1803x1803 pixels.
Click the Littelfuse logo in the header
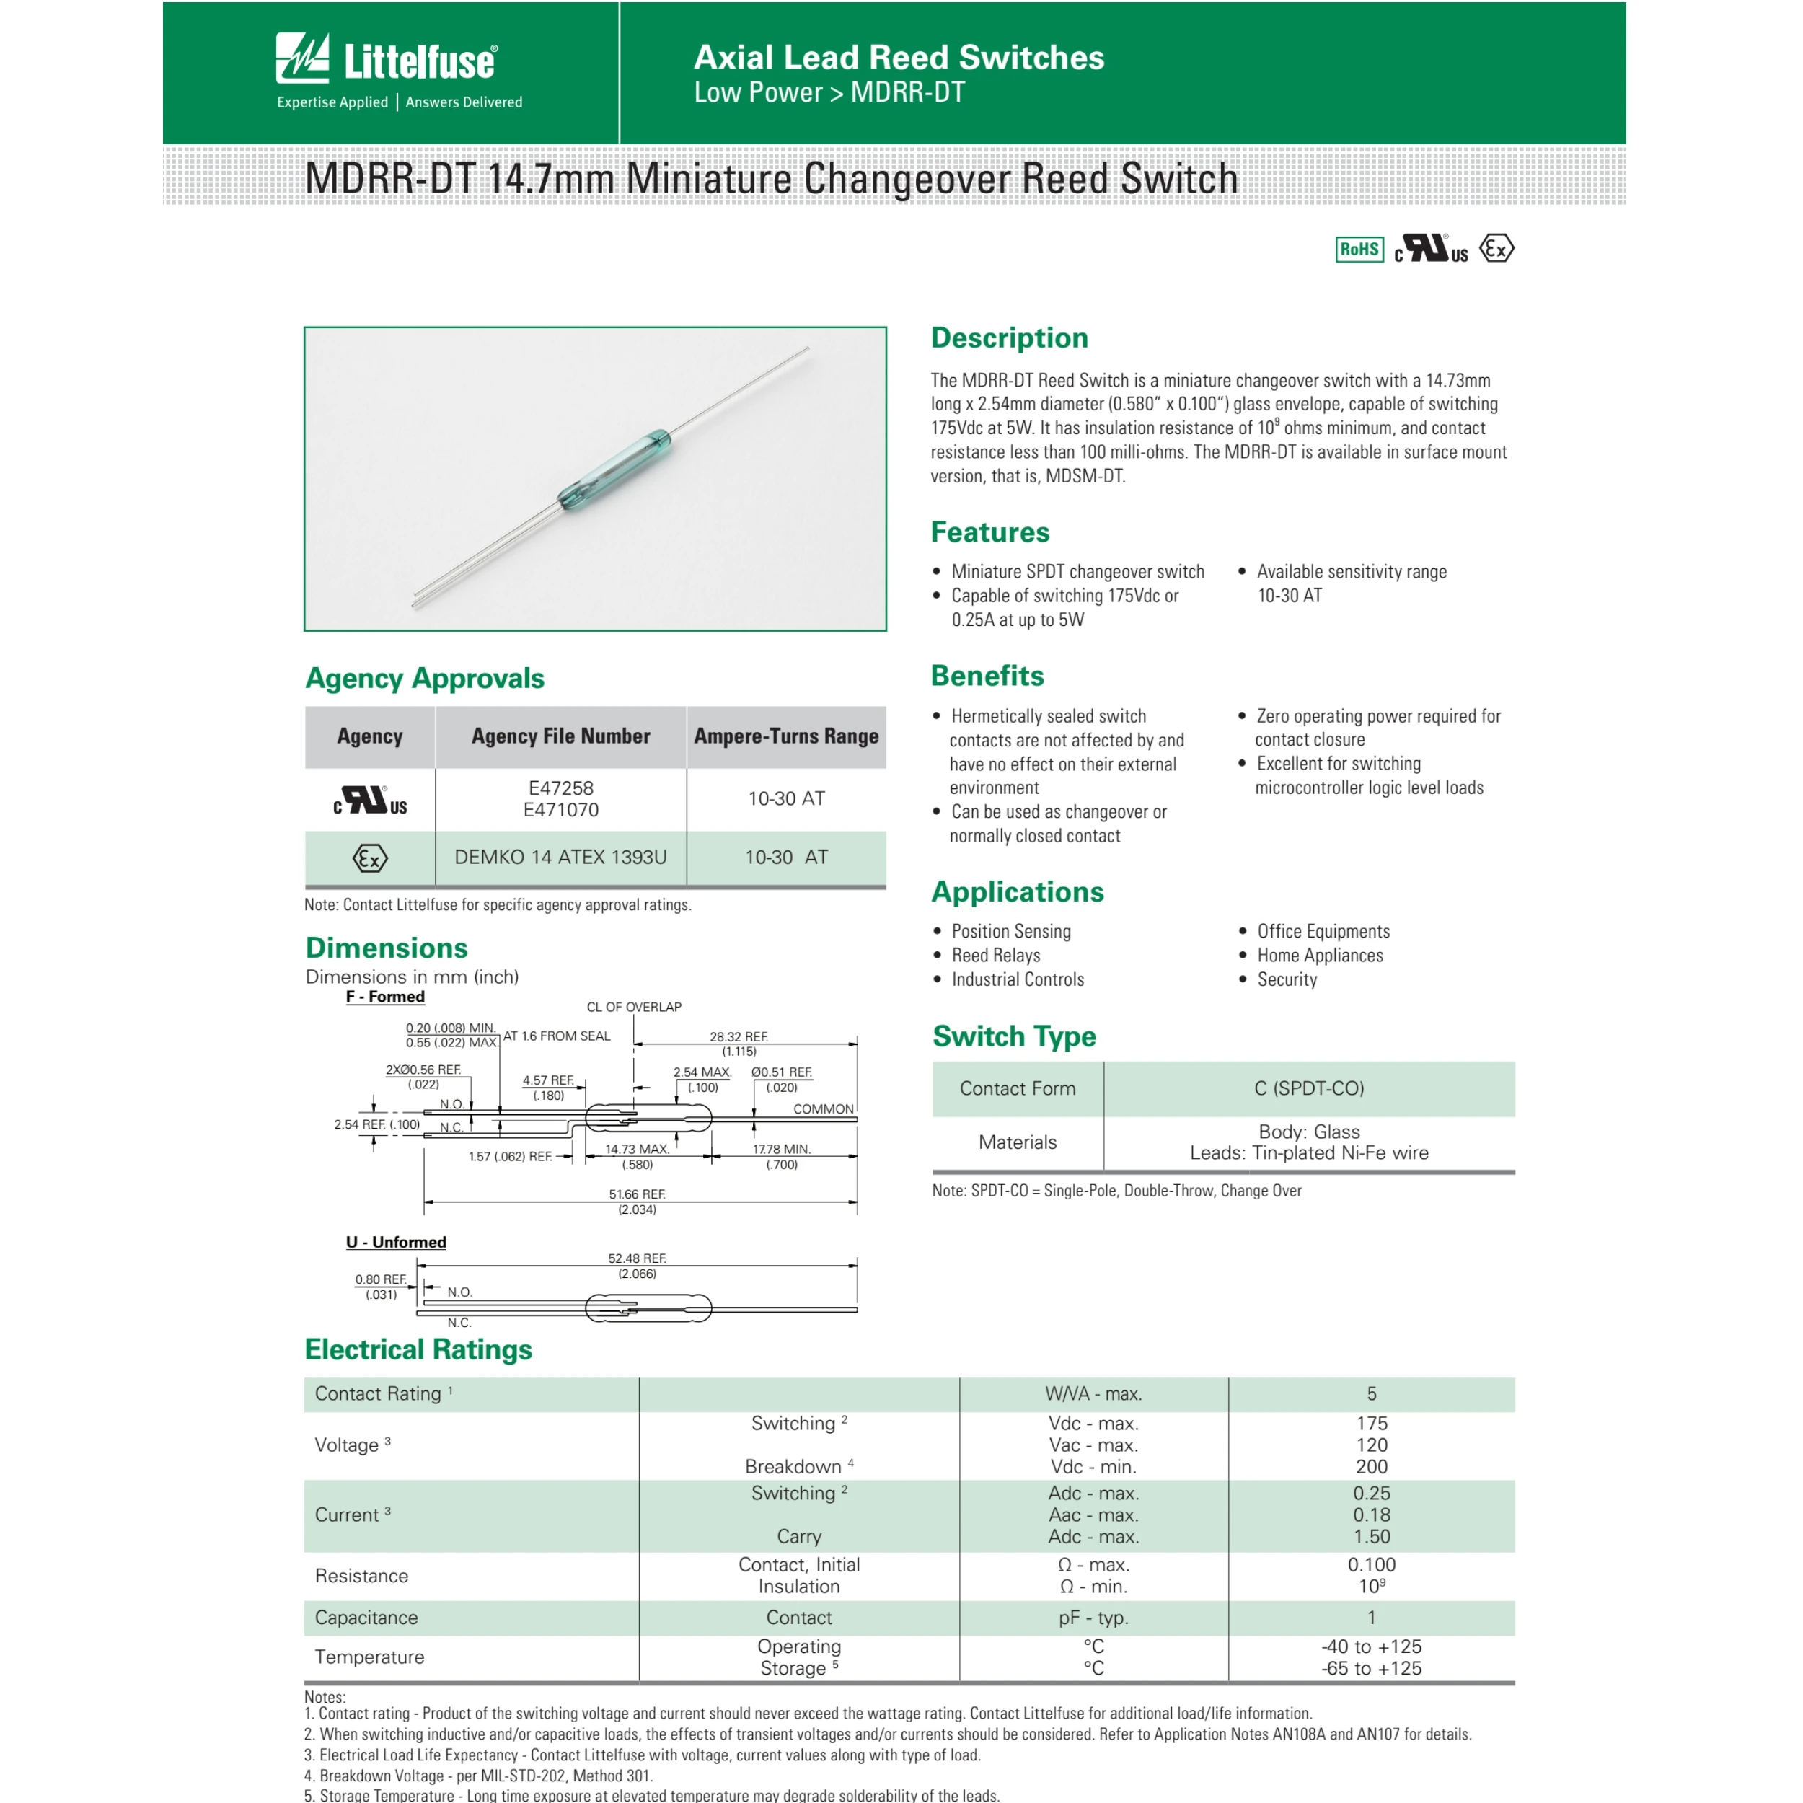[387, 61]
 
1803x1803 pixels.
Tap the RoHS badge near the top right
[1359, 249]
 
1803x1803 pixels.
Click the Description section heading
[1009, 338]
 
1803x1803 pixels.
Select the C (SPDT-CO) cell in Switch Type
[1308, 1088]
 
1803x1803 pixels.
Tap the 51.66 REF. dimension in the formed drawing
[637, 1194]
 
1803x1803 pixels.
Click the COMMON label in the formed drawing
[823, 1108]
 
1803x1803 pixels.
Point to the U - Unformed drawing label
[396, 1242]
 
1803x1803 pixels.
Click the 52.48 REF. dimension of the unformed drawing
[637, 1259]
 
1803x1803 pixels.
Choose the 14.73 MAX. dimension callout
[637, 1150]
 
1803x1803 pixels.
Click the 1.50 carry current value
[1371, 1536]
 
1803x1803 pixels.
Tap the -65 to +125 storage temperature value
[1371, 1667]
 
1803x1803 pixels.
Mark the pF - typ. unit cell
[1093, 1617]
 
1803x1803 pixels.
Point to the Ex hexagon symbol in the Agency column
[369, 858]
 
